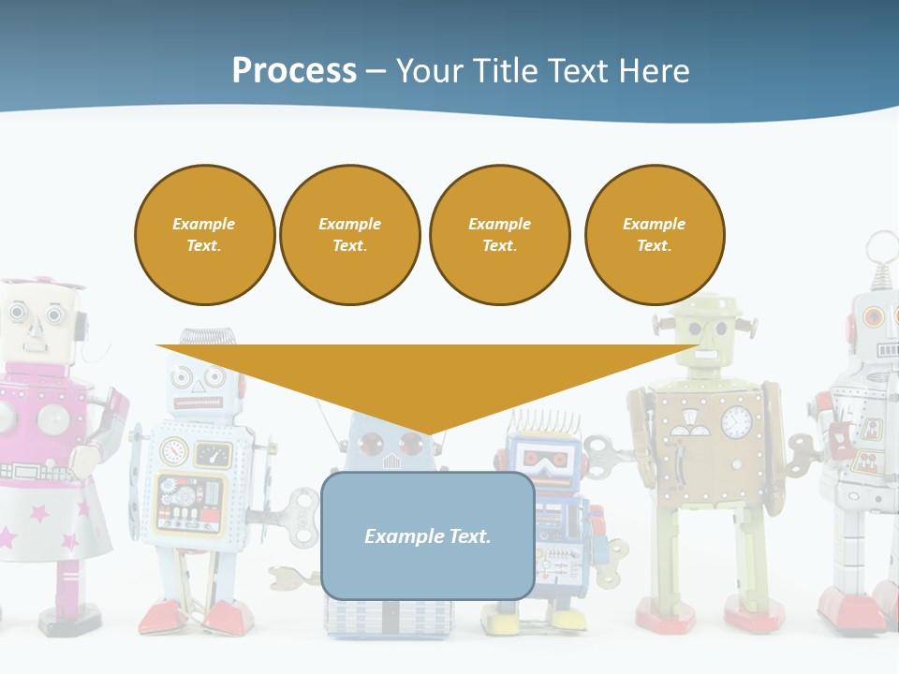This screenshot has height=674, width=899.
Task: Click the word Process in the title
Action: click(294, 70)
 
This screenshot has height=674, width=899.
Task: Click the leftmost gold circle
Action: click(204, 235)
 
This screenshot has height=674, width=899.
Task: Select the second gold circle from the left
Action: click(349, 235)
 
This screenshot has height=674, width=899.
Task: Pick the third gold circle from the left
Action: click(499, 235)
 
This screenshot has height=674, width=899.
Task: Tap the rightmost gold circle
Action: click(654, 235)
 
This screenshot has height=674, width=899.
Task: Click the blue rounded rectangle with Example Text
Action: click(428, 535)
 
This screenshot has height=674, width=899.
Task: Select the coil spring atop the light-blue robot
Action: click(199, 343)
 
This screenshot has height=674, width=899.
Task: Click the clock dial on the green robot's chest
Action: click(736, 422)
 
